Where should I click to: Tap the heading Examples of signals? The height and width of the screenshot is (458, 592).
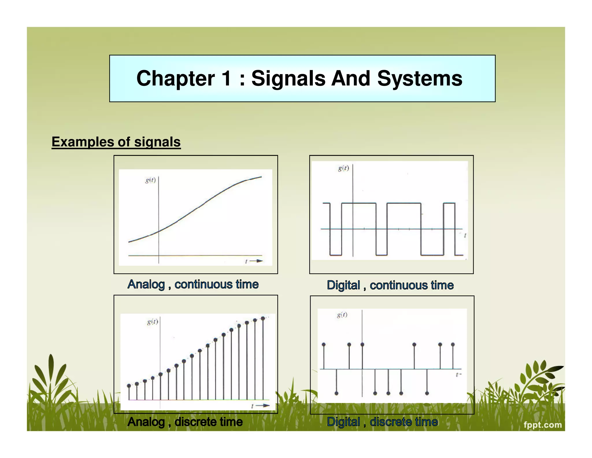pyautogui.click(x=116, y=142)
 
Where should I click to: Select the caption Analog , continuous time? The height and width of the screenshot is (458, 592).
pyautogui.click(x=193, y=284)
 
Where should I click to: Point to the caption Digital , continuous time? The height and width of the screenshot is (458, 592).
pyautogui.click(x=390, y=285)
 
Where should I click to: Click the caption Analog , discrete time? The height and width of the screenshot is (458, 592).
pyautogui.click(x=185, y=422)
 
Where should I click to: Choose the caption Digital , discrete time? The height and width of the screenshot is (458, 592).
pyautogui.click(x=382, y=422)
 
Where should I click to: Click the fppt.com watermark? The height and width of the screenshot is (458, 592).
pyautogui.click(x=543, y=425)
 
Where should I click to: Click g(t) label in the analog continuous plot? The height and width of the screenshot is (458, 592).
pyautogui.click(x=150, y=180)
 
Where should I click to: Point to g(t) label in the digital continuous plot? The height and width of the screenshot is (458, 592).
pyautogui.click(x=343, y=168)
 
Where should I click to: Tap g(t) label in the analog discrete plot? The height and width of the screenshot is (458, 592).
pyautogui.click(x=152, y=322)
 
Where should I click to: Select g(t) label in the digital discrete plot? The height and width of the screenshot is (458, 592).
pyautogui.click(x=342, y=315)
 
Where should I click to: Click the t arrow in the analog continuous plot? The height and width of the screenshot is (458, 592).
pyautogui.click(x=254, y=261)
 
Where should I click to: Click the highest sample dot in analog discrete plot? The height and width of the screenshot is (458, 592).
pyautogui.click(x=263, y=318)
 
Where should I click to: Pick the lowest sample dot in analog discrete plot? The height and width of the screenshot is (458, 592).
pyautogui.click(x=129, y=386)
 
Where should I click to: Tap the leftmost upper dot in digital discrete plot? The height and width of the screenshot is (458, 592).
pyautogui.click(x=323, y=345)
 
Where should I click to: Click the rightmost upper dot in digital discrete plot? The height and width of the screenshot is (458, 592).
pyautogui.click(x=453, y=345)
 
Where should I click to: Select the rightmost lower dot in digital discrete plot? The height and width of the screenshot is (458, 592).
pyautogui.click(x=427, y=393)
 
